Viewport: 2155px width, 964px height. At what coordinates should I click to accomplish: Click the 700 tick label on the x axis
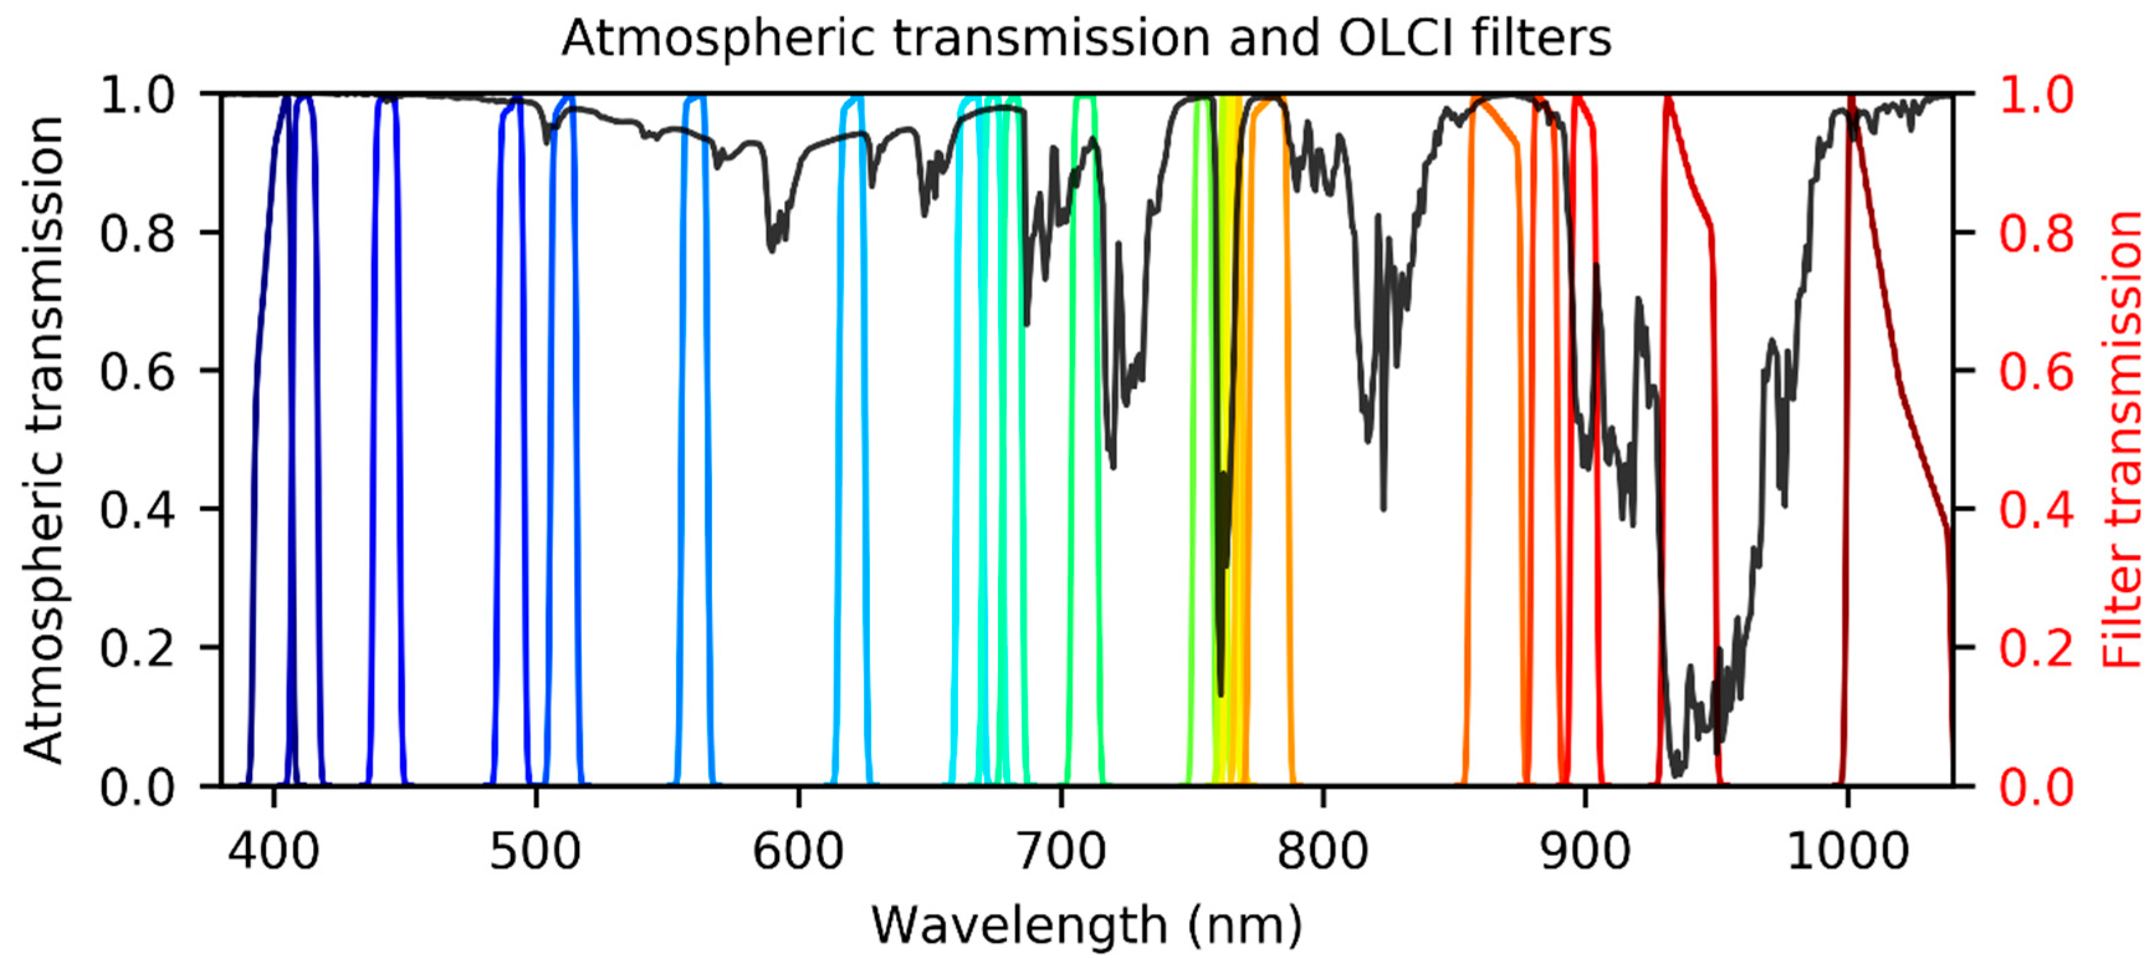1061,853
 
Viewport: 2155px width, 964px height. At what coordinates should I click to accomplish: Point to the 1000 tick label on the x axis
1847,853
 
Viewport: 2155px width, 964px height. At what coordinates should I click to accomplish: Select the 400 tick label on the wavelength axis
275,853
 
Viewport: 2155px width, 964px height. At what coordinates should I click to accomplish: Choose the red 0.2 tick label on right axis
2036,648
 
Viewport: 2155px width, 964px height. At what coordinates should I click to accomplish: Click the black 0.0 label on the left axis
137,787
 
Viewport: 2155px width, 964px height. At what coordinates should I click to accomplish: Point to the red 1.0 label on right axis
2036,94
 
